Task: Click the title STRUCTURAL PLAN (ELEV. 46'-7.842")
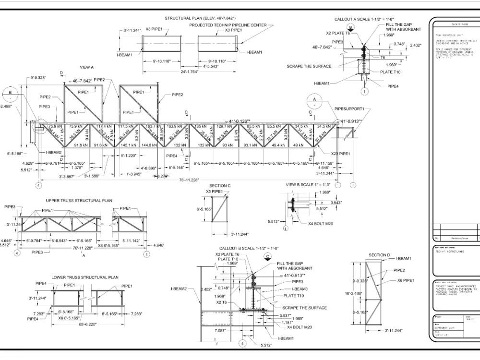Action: (200, 18)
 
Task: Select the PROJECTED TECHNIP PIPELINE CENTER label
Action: (228, 25)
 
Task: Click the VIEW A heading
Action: (87, 67)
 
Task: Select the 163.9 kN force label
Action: (175, 126)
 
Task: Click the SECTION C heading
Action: (220, 185)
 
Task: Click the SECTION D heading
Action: (379, 254)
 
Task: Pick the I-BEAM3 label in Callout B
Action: (301, 289)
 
